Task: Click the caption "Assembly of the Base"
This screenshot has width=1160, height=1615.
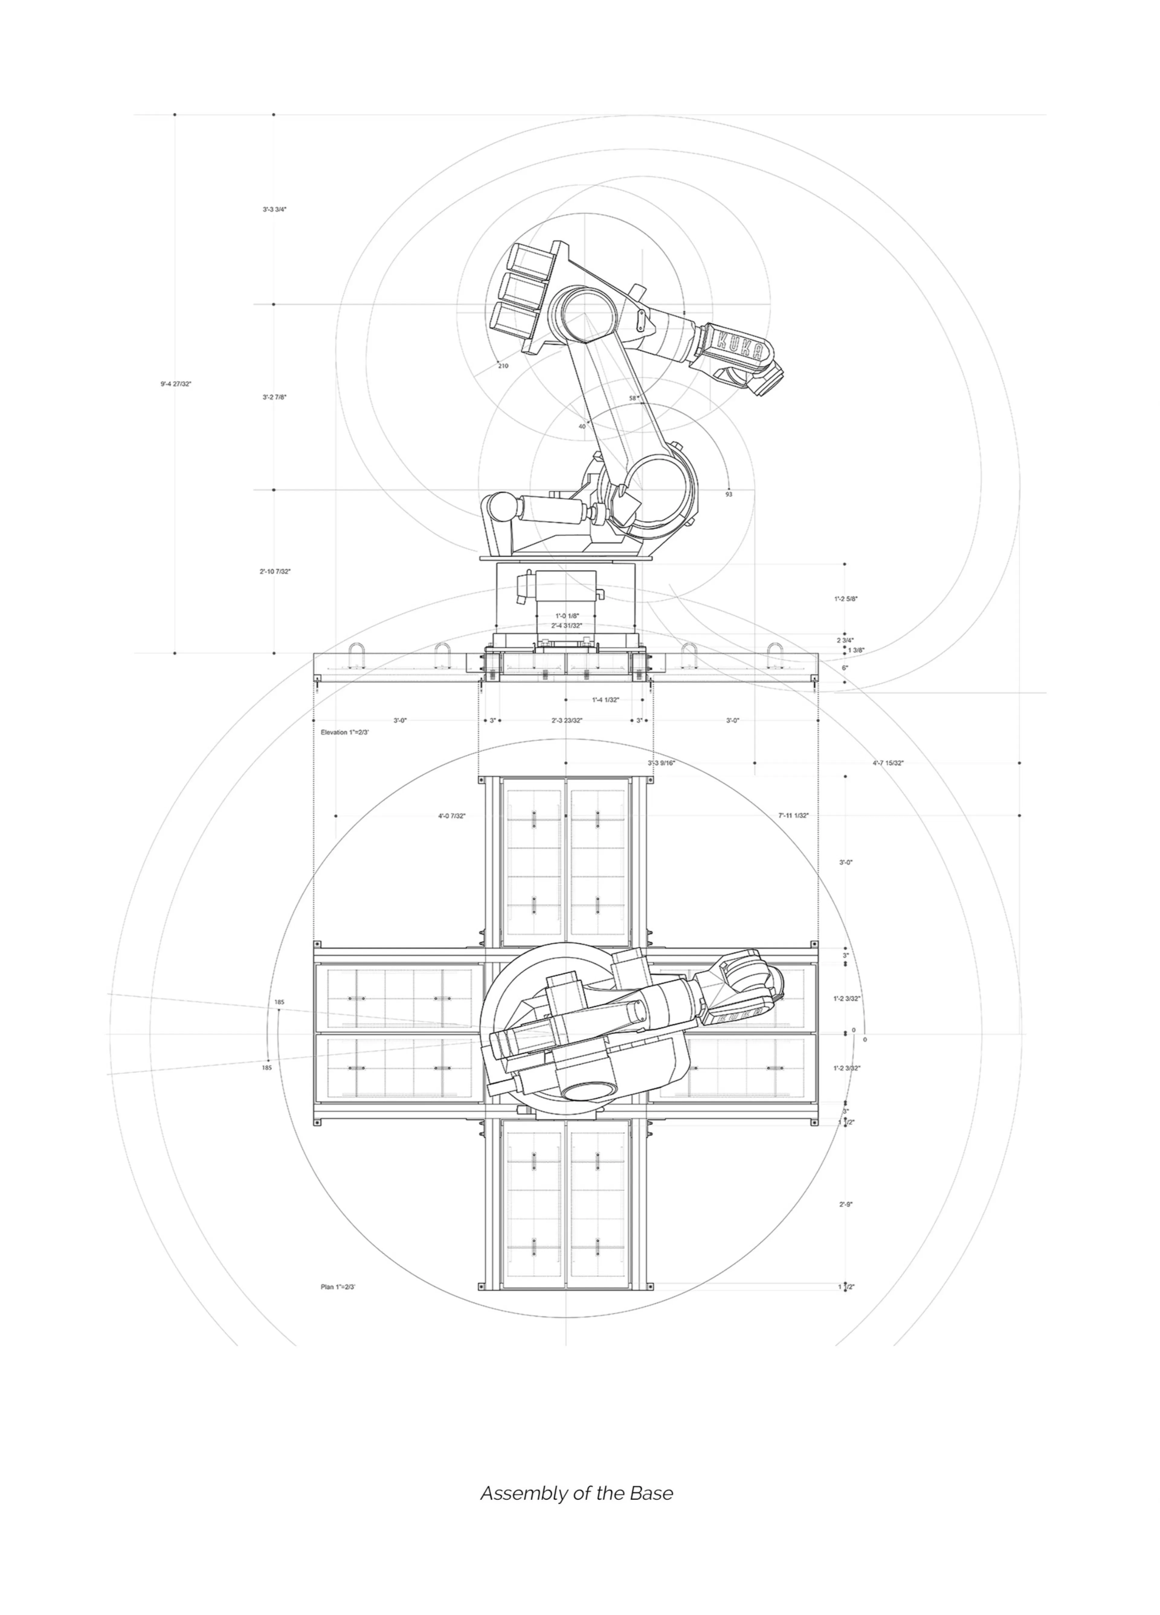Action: point(576,1493)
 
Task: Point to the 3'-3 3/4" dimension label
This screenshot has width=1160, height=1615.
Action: point(274,209)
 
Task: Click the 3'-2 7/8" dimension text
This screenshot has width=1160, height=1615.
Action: point(274,397)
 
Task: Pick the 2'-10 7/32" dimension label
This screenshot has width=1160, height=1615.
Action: point(275,571)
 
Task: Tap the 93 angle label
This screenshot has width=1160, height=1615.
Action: point(728,494)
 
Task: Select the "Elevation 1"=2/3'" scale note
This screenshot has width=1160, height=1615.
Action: point(345,732)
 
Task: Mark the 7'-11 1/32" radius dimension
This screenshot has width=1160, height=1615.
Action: point(793,815)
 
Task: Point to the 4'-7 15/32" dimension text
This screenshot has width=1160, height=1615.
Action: point(888,763)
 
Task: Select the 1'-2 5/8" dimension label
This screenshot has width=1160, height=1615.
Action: point(846,599)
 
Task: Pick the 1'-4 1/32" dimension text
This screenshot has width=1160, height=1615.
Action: point(605,700)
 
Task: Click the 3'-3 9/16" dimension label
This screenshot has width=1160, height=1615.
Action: point(662,763)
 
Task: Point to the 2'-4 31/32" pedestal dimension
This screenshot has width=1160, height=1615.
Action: point(567,625)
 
